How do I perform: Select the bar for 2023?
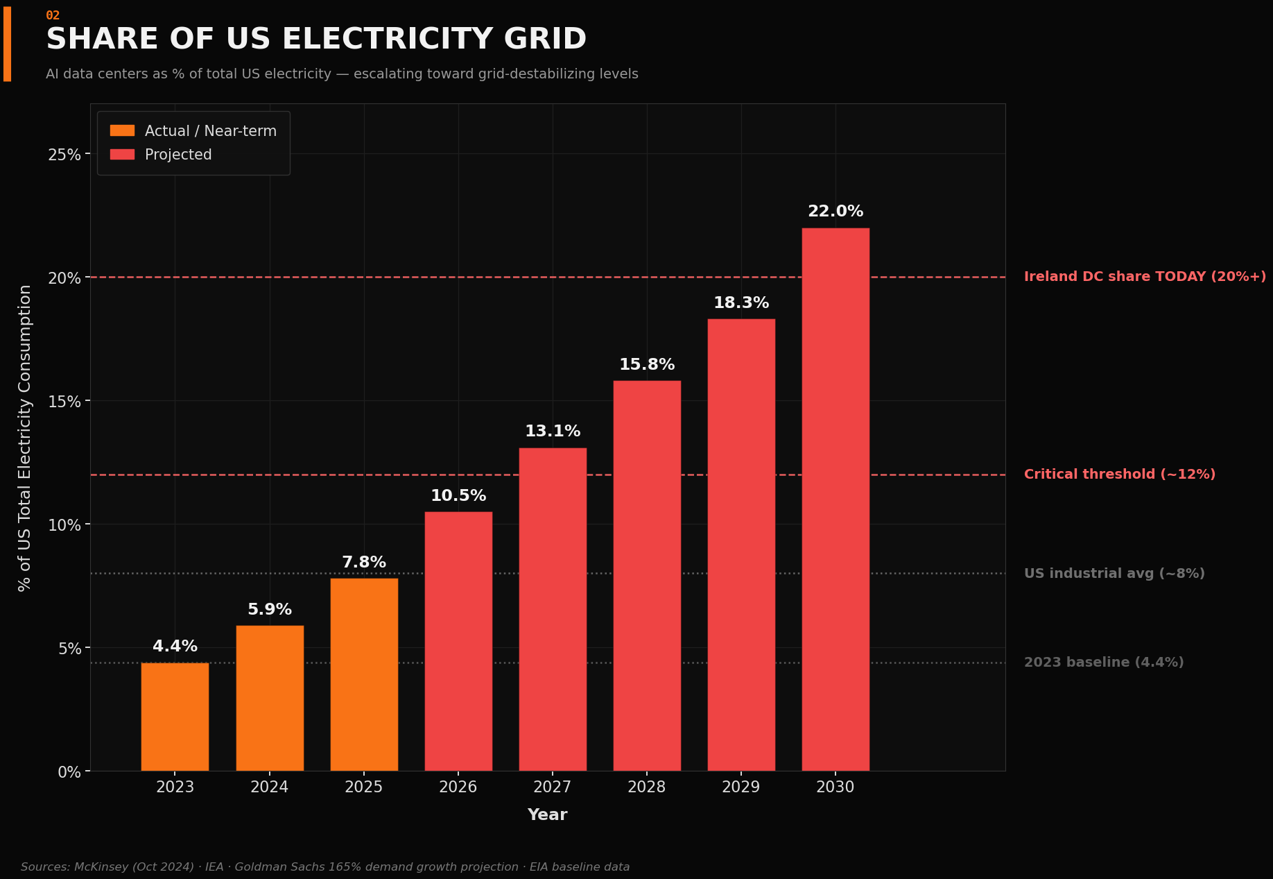click(x=175, y=717)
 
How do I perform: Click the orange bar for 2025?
click(x=364, y=674)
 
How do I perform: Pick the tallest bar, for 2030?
click(x=835, y=500)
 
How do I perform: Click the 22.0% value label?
click(x=835, y=212)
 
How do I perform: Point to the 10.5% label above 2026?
click(x=458, y=496)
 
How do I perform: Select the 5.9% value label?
click(x=270, y=610)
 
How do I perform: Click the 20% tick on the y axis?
click(x=64, y=278)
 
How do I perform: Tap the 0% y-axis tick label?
click(x=69, y=772)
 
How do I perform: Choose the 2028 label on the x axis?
click(x=647, y=787)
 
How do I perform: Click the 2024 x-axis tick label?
click(x=270, y=787)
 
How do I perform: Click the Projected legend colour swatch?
click(x=122, y=154)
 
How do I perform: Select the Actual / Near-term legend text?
click(x=211, y=131)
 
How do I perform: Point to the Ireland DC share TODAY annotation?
click(x=1145, y=277)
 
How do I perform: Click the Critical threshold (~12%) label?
click(x=1119, y=475)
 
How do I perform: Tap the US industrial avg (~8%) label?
click(x=1114, y=574)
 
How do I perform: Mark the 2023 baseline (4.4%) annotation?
click(x=1104, y=663)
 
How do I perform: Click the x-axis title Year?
click(x=547, y=815)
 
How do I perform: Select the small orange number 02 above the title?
click(x=53, y=15)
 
